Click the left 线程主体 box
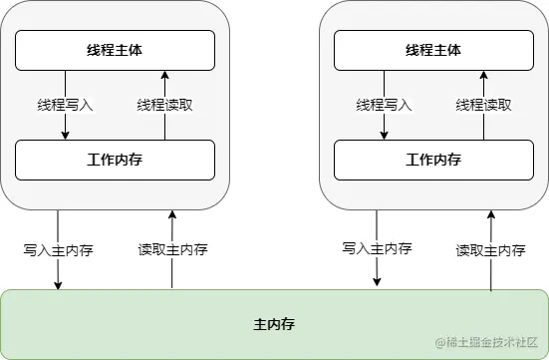(116, 50)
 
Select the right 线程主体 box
(433, 50)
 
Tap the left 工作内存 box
(116, 160)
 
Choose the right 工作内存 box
(433, 160)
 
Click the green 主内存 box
(274, 324)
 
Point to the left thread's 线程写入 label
(66, 105)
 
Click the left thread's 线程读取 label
(165, 105)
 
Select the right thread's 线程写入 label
(384, 105)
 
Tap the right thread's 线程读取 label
(483, 105)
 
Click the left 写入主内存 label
(59, 250)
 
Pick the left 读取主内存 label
(172, 250)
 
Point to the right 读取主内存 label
(490, 250)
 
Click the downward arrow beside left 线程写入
(66, 125)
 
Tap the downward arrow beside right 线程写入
(384, 125)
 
